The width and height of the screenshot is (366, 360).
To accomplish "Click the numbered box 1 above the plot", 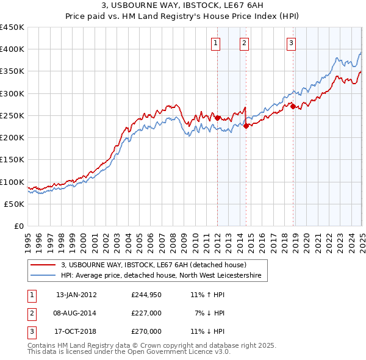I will [217, 43].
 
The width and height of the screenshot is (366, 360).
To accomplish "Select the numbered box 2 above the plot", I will [244, 43].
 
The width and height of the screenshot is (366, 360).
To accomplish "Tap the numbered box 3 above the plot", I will [292, 43].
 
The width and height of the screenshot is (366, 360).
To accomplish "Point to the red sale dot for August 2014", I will [246, 126].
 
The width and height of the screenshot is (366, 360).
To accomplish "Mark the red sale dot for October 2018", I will [293, 107].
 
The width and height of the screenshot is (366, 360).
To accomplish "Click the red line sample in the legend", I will [43, 265].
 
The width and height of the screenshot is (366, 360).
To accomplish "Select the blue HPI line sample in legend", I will [43, 276].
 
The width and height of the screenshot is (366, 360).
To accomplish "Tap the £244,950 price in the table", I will [146, 295].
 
